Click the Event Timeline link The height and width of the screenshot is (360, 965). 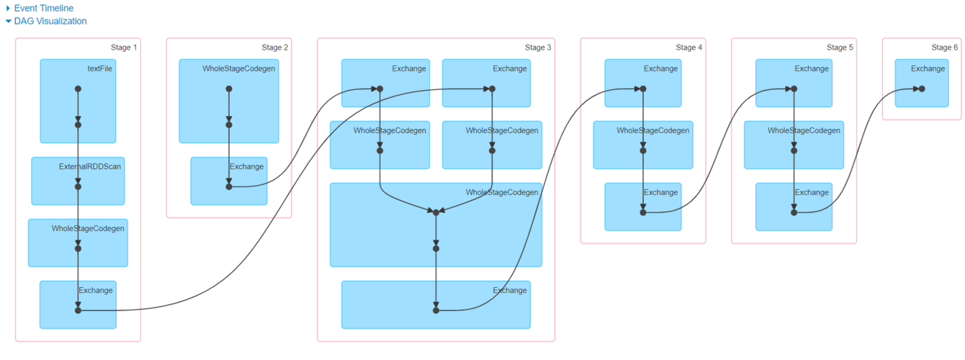tap(43, 8)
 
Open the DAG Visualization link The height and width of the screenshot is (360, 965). tap(50, 21)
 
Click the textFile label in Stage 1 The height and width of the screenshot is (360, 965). tap(99, 68)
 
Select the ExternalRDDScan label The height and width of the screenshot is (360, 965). tap(90, 166)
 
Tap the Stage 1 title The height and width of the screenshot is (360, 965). tap(124, 48)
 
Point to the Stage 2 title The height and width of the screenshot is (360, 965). tap(274, 48)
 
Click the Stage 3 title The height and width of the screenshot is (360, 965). tap(538, 48)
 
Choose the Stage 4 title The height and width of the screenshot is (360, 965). tap(688, 48)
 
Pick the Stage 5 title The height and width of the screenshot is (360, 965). tap(840, 48)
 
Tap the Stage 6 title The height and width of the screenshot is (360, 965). tap(944, 48)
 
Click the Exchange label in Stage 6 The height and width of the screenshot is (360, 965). tap(928, 68)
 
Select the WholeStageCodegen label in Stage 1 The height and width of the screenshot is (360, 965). tap(88, 229)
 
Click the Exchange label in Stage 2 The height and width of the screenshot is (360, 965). tap(246, 166)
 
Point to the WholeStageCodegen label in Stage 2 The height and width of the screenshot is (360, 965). tap(238, 68)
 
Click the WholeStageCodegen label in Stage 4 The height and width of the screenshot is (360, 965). tap(652, 130)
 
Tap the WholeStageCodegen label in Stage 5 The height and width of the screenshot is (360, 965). tap(804, 130)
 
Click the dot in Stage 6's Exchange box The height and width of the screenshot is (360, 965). tap(922, 89)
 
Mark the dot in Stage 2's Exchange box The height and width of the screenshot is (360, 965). tap(229, 187)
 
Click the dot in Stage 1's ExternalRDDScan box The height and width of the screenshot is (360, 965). tap(78, 187)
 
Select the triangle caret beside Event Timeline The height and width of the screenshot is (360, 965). tap(8, 8)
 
